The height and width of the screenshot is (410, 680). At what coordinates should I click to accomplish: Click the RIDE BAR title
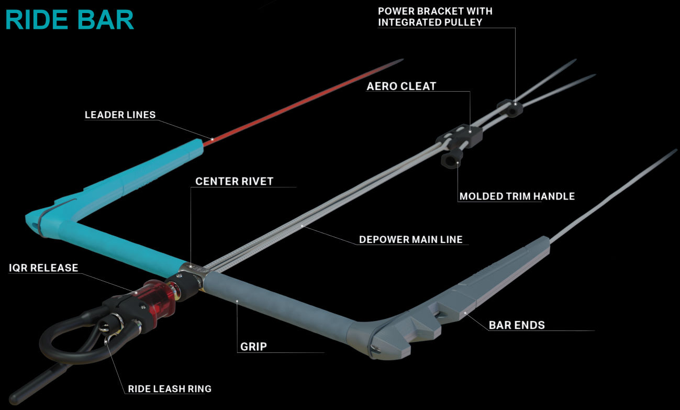coord(70,19)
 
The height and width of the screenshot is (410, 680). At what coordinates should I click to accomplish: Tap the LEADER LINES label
coord(120,115)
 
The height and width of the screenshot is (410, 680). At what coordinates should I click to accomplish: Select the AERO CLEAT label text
coord(401,86)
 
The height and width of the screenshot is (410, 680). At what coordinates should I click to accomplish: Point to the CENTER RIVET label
coord(234,182)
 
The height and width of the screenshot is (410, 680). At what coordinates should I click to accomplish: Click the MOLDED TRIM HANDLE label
coord(517,197)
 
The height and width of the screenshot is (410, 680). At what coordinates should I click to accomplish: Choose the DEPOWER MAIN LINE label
coord(410,240)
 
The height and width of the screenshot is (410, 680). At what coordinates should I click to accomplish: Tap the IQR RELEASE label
coord(43,268)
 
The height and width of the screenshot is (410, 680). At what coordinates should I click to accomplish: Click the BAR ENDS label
coord(517,325)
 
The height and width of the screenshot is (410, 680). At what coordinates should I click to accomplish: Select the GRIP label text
coord(253,346)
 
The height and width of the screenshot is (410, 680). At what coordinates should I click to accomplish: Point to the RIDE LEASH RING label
coord(170,389)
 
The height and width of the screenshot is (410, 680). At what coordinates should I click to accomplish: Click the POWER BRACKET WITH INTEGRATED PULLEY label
coord(435,16)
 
